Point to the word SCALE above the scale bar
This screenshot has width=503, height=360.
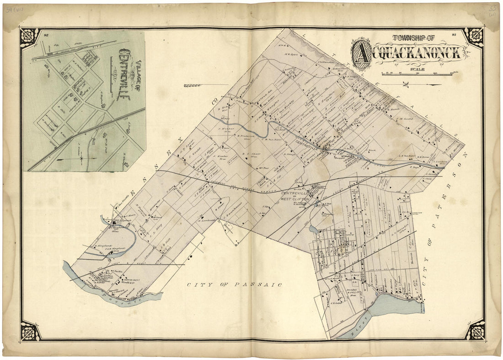(x=417, y=70)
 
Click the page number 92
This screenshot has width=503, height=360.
(x=46, y=35)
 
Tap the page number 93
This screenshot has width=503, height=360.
(x=454, y=35)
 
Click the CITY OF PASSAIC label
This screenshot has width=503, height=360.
(x=234, y=285)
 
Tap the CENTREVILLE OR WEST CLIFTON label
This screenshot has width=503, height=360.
(x=295, y=197)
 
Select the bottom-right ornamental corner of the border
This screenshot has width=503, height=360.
(x=474, y=330)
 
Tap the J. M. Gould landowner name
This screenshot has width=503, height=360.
(x=404, y=119)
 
